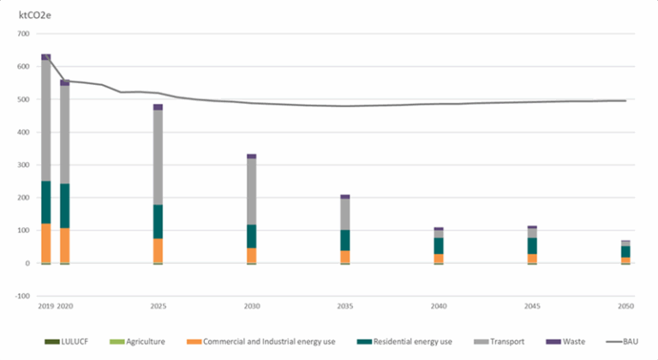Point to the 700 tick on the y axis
pyautogui.click(x=22, y=34)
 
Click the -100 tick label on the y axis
pyautogui.click(x=21, y=297)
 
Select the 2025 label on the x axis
pyautogui.click(x=158, y=305)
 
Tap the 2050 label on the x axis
pyautogui.click(x=625, y=305)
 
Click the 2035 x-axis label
pyautogui.click(x=344, y=305)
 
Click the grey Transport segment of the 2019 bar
pyautogui.click(x=45, y=120)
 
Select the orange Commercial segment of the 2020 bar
pyautogui.click(x=64, y=245)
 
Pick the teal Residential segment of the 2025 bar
pyautogui.click(x=158, y=221)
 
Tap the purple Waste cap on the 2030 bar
pyautogui.click(x=251, y=156)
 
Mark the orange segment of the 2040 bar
pyautogui.click(x=439, y=258)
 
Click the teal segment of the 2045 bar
pyautogui.click(x=532, y=245)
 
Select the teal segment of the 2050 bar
pyautogui.click(x=625, y=251)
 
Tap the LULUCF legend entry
pyautogui.click(x=76, y=341)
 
